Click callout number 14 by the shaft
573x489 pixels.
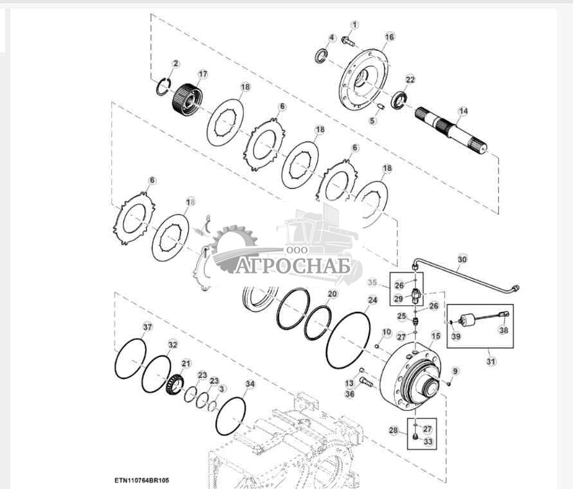tap(464, 111)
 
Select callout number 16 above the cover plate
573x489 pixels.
tap(390, 37)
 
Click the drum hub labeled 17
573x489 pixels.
tap(187, 100)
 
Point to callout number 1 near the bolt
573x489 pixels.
tap(354, 25)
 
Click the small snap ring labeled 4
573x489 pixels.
tap(321, 55)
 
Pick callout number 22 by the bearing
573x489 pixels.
tap(410, 79)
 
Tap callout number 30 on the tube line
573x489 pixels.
tap(462, 260)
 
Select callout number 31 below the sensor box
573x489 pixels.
tap(491, 362)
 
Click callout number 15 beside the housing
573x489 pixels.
tap(436, 336)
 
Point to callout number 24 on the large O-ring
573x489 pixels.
tap(372, 300)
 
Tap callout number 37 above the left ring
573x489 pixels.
tap(147, 327)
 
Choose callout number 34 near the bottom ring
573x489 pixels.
tap(250, 384)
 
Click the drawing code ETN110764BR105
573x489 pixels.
tap(141, 481)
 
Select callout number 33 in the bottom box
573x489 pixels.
tap(428, 441)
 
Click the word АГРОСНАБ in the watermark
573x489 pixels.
tap(293, 265)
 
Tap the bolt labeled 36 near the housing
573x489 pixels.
tap(366, 382)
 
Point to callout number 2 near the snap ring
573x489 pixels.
tap(176, 64)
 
